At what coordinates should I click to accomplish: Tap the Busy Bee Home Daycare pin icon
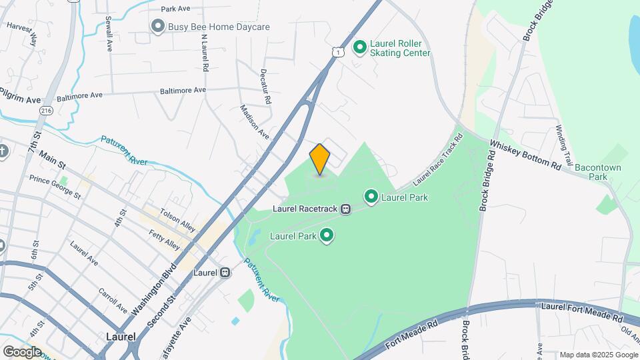pyautogui.click(x=158, y=27)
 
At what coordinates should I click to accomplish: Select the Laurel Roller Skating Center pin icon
pyautogui.click(x=360, y=47)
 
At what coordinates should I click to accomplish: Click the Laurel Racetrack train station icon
pyautogui.click(x=346, y=209)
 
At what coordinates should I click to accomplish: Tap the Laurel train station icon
pyautogui.click(x=226, y=273)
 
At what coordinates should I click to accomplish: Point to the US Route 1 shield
pyautogui.click(x=339, y=51)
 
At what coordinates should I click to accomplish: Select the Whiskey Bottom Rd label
pyautogui.click(x=525, y=154)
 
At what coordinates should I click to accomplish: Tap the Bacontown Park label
pyautogui.click(x=591, y=172)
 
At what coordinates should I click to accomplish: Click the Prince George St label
pyautogui.click(x=55, y=187)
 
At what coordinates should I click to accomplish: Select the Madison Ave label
pyautogui.click(x=254, y=121)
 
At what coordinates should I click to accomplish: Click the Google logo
pyautogui.click(x=22, y=351)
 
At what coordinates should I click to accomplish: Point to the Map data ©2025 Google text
pyautogui.click(x=598, y=355)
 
